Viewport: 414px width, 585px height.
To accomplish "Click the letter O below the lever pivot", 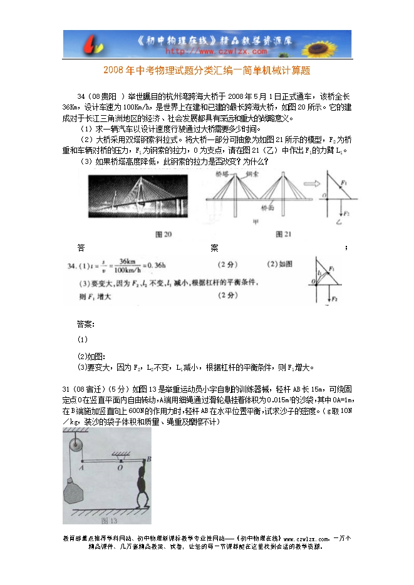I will [x=120, y=466].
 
